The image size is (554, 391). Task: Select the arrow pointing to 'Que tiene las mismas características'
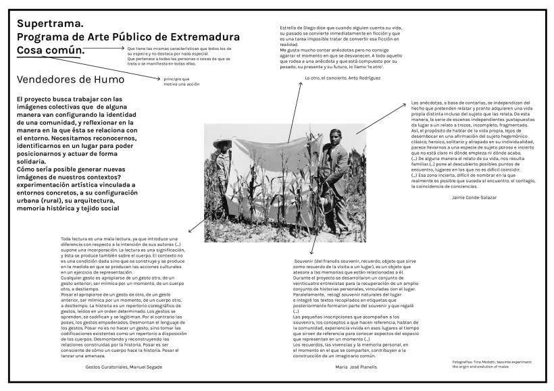click(x=108, y=49)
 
